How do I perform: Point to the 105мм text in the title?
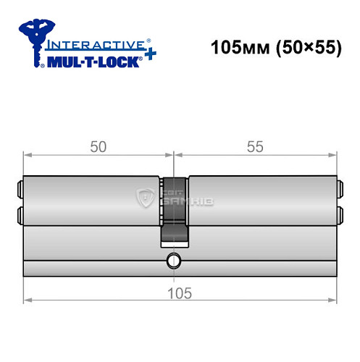click(233, 50)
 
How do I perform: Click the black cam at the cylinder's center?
click(173, 210)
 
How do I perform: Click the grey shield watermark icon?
click(144, 196)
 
